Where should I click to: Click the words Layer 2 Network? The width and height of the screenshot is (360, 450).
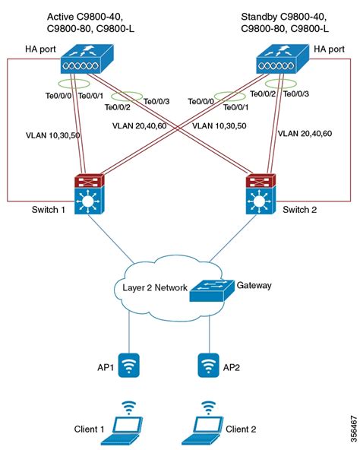(152, 288)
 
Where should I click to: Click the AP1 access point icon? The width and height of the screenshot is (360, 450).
(131, 366)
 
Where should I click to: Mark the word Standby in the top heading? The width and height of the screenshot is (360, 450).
(260, 16)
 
